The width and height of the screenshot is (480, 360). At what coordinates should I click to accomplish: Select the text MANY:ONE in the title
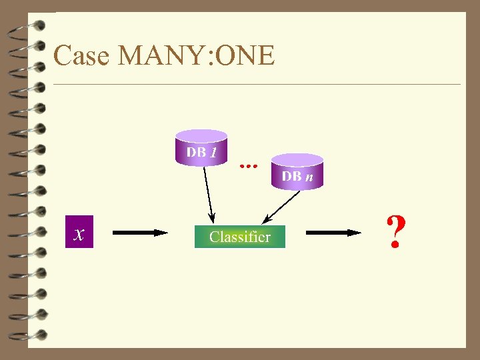(x=195, y=55)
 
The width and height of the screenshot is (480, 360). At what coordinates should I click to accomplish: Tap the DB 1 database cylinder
(x=201, y=148)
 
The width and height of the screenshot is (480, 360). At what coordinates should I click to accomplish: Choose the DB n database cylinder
(x=297, y=172)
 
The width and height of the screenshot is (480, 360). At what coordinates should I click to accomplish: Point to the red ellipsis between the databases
(x=248, y=163)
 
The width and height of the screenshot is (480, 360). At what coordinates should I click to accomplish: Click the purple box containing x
(x=79, y=233)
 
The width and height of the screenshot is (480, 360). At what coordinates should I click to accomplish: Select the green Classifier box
(x=239, y=237)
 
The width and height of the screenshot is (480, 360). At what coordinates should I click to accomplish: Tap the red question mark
(x=395, y=232)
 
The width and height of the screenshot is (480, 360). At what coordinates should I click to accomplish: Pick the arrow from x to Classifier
(x=140, y=233)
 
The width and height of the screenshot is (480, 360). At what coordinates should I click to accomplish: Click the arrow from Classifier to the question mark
(x=333, y=233)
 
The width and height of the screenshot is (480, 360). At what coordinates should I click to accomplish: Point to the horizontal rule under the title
(x=257, y=85)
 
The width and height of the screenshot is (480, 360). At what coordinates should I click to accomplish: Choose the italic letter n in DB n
(x=309, y=177)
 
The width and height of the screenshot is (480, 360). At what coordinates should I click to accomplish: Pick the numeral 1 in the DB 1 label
(x=213, y=152)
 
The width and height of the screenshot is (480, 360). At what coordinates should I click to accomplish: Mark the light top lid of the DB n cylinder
(x=297, y=160)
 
